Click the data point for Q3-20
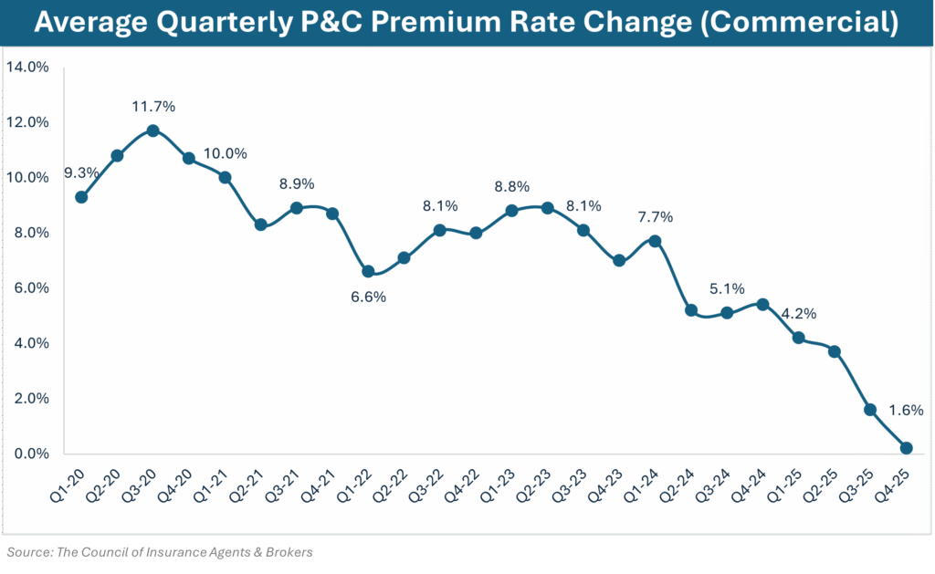click(x=152, y=130)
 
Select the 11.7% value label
click(x=152, y=107)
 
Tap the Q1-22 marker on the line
click(x=368, y=271)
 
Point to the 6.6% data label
click(x=368, y=297)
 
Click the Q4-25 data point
click(x=906, y=448)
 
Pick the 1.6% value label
click(x=906, y=411)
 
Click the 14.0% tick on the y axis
click(x=28, y=67)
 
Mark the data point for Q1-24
click(x=655, y=241)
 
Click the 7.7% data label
click(x=655, y=217)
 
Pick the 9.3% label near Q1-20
click(x=81, y=172)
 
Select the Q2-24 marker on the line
click(x=691, y=310)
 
